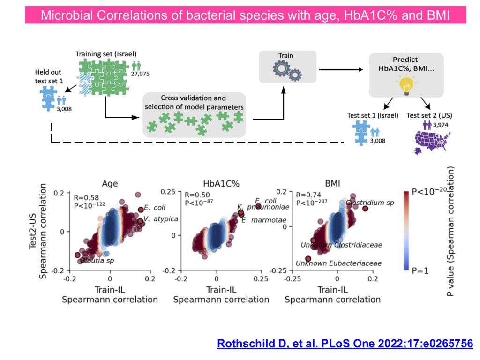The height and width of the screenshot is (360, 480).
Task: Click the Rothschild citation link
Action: point(345,343)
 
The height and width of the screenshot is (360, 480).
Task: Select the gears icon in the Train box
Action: point(286,71)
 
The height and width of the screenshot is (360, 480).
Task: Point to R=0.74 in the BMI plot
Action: point(306,195)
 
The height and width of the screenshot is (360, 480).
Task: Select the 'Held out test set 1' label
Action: point(48,76)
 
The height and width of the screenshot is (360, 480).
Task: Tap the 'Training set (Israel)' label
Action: point(106,53)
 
